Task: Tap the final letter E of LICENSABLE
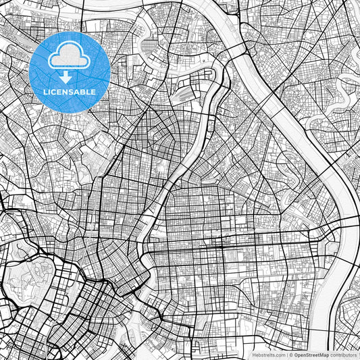(93, 91)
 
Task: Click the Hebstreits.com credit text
(268, 354)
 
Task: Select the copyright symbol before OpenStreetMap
(291, 354)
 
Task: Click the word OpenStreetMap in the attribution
(311, 354)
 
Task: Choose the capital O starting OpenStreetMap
(296, 354)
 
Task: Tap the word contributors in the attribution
(343, 354)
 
